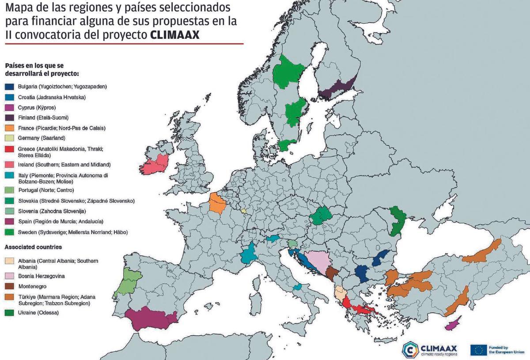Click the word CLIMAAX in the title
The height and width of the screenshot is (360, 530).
click(x=175, y=35)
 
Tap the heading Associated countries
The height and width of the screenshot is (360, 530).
click(x=33, y=247)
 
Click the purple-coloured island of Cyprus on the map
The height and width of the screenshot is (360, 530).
click(x=453, y=325)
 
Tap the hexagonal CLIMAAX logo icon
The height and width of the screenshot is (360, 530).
click(x=411, y=349)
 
